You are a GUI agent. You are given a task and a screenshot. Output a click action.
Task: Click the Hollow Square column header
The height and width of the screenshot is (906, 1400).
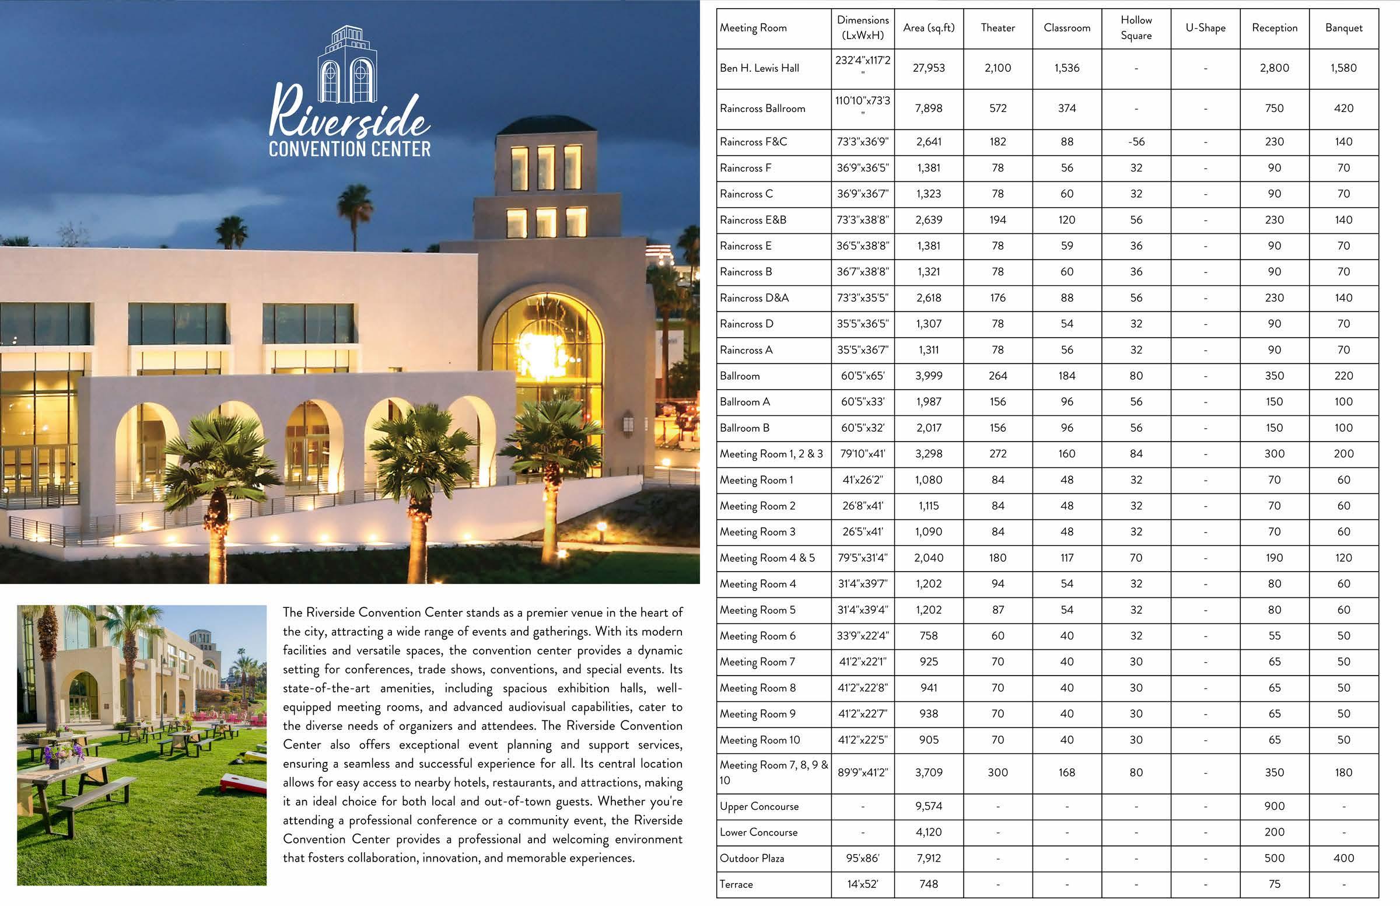coord(1136,27)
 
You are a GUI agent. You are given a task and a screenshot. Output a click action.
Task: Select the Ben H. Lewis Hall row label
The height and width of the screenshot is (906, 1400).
coord(759,68)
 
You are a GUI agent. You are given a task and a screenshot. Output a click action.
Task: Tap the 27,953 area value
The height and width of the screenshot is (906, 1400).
coord(929,68)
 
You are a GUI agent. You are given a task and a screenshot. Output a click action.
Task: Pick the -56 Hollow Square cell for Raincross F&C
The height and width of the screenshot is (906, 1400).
coord(1136,142)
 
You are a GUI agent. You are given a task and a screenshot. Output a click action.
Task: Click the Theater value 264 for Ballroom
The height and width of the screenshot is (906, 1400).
coord(998,376)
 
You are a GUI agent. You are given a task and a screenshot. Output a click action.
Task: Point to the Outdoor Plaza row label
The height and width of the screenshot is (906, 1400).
coord(752,858)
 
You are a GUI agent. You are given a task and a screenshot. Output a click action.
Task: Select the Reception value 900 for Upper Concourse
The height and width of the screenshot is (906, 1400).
coord(1274,807)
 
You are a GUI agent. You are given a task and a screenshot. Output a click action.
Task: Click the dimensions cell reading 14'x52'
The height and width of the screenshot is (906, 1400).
coord(862,884)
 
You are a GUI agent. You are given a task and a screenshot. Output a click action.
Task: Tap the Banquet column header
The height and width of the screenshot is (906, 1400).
coord(1343,27)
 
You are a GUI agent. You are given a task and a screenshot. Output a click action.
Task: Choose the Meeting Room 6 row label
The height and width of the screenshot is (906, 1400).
coord(758,636)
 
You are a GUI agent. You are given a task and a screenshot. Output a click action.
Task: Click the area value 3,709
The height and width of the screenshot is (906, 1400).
coord(929,772)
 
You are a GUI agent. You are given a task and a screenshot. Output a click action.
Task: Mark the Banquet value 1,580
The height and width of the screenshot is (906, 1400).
coord(1343,68)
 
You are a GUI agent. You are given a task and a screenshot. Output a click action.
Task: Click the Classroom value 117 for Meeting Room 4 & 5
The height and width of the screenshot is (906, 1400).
coord(1066,558)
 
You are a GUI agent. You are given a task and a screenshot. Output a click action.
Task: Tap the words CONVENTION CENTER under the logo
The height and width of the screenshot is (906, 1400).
coord(349,149)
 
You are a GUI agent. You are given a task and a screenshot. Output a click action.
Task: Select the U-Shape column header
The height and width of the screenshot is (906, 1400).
coord(1205,27)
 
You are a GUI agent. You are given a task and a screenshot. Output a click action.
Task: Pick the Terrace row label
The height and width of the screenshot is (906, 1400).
coord(736,884)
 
